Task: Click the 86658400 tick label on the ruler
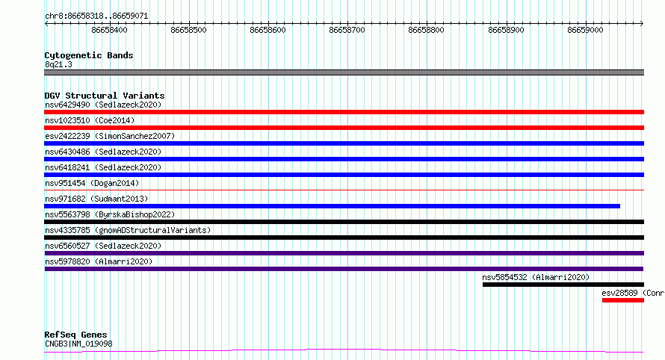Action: click(109, 30)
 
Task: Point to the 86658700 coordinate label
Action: click(347, 30)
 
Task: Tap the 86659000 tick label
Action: click(585, 30)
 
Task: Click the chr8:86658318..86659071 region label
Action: click(96, 16)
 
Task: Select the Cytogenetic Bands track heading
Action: click(89, 55)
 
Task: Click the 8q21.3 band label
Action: click(58, 64)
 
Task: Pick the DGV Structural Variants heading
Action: click(105, 96)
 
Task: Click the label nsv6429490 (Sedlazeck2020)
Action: click(103, 105)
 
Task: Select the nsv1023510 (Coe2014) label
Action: click(90, 120)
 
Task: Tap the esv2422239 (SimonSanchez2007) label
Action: click(110, 136)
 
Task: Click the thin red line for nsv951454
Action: click(344, 190)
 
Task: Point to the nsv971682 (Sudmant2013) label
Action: click(96, 199)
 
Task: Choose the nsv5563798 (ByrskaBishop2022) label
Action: click(110, 214)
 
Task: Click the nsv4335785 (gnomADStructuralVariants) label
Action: click(128, 230)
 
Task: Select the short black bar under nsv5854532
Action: click(563, 285)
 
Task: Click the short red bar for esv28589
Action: click(623, 300)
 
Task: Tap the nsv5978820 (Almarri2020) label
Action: click(99, 261)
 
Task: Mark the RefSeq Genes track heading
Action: click(75, 335)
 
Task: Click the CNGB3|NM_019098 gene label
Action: click(78, 344)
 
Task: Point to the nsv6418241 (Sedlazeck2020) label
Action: click(103, 167)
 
